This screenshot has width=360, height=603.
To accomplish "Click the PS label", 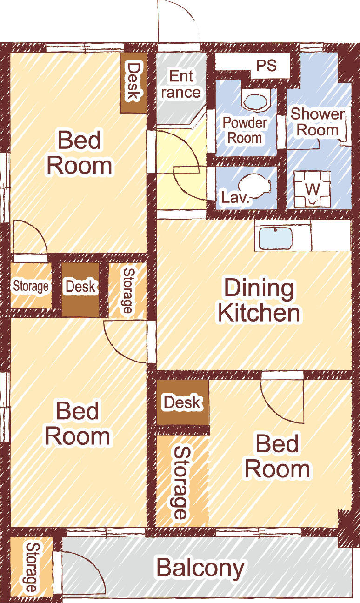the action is click(266, 66).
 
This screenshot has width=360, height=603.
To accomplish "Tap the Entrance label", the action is click(181, 84).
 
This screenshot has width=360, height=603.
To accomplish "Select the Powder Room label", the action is click(245, 130).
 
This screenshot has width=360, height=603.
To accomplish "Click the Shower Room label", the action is click(318, 122).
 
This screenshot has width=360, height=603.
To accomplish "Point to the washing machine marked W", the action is click(312, 189).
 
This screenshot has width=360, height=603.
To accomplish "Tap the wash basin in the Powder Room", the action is click(255, 100).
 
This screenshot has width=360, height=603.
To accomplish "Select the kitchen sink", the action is click(275, 238).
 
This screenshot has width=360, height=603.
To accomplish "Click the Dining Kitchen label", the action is click(259, 300).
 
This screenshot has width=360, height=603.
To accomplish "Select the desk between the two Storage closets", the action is click(80, 290).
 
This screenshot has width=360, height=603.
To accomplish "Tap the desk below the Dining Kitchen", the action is click(183, 402).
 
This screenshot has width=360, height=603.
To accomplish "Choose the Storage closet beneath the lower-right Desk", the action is click(182, 481).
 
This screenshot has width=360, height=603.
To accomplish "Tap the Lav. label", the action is click(235, 198).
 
